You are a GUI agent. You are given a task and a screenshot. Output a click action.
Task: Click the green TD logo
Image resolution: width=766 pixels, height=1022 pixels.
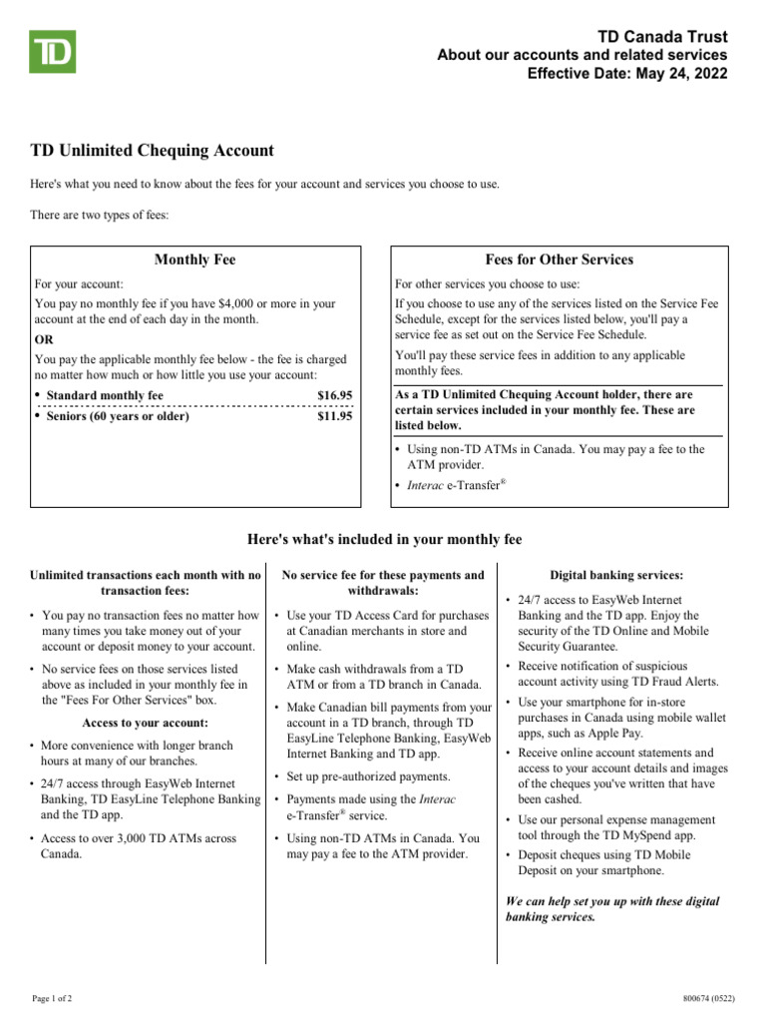tap(53, 53)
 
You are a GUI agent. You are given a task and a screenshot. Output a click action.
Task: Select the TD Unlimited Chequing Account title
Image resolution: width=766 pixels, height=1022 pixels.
tap(152, 151)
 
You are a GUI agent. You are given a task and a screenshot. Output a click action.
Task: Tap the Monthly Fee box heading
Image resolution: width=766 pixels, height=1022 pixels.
tap(194, 259)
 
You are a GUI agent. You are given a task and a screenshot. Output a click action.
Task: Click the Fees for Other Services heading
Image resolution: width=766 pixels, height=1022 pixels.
tap(559, 259)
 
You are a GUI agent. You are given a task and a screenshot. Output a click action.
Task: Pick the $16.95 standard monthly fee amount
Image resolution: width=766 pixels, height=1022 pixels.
tap(334, 396)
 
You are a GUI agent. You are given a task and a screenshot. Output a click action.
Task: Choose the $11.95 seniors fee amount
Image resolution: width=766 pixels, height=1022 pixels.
tap(334, 416)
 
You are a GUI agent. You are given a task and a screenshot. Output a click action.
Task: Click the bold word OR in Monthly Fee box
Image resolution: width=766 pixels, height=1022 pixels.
tap(44, 339)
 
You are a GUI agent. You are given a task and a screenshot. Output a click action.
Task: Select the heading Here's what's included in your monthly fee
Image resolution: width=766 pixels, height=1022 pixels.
tap(384, 540)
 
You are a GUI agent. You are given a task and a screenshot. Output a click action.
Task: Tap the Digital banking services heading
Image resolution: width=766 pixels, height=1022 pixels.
tap(616, 576)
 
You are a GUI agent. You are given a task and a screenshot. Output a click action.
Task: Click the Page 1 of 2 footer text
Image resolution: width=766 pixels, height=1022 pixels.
tap(52, 998)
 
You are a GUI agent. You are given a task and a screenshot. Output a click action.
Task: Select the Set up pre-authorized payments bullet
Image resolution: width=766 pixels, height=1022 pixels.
tap(369, 776)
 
